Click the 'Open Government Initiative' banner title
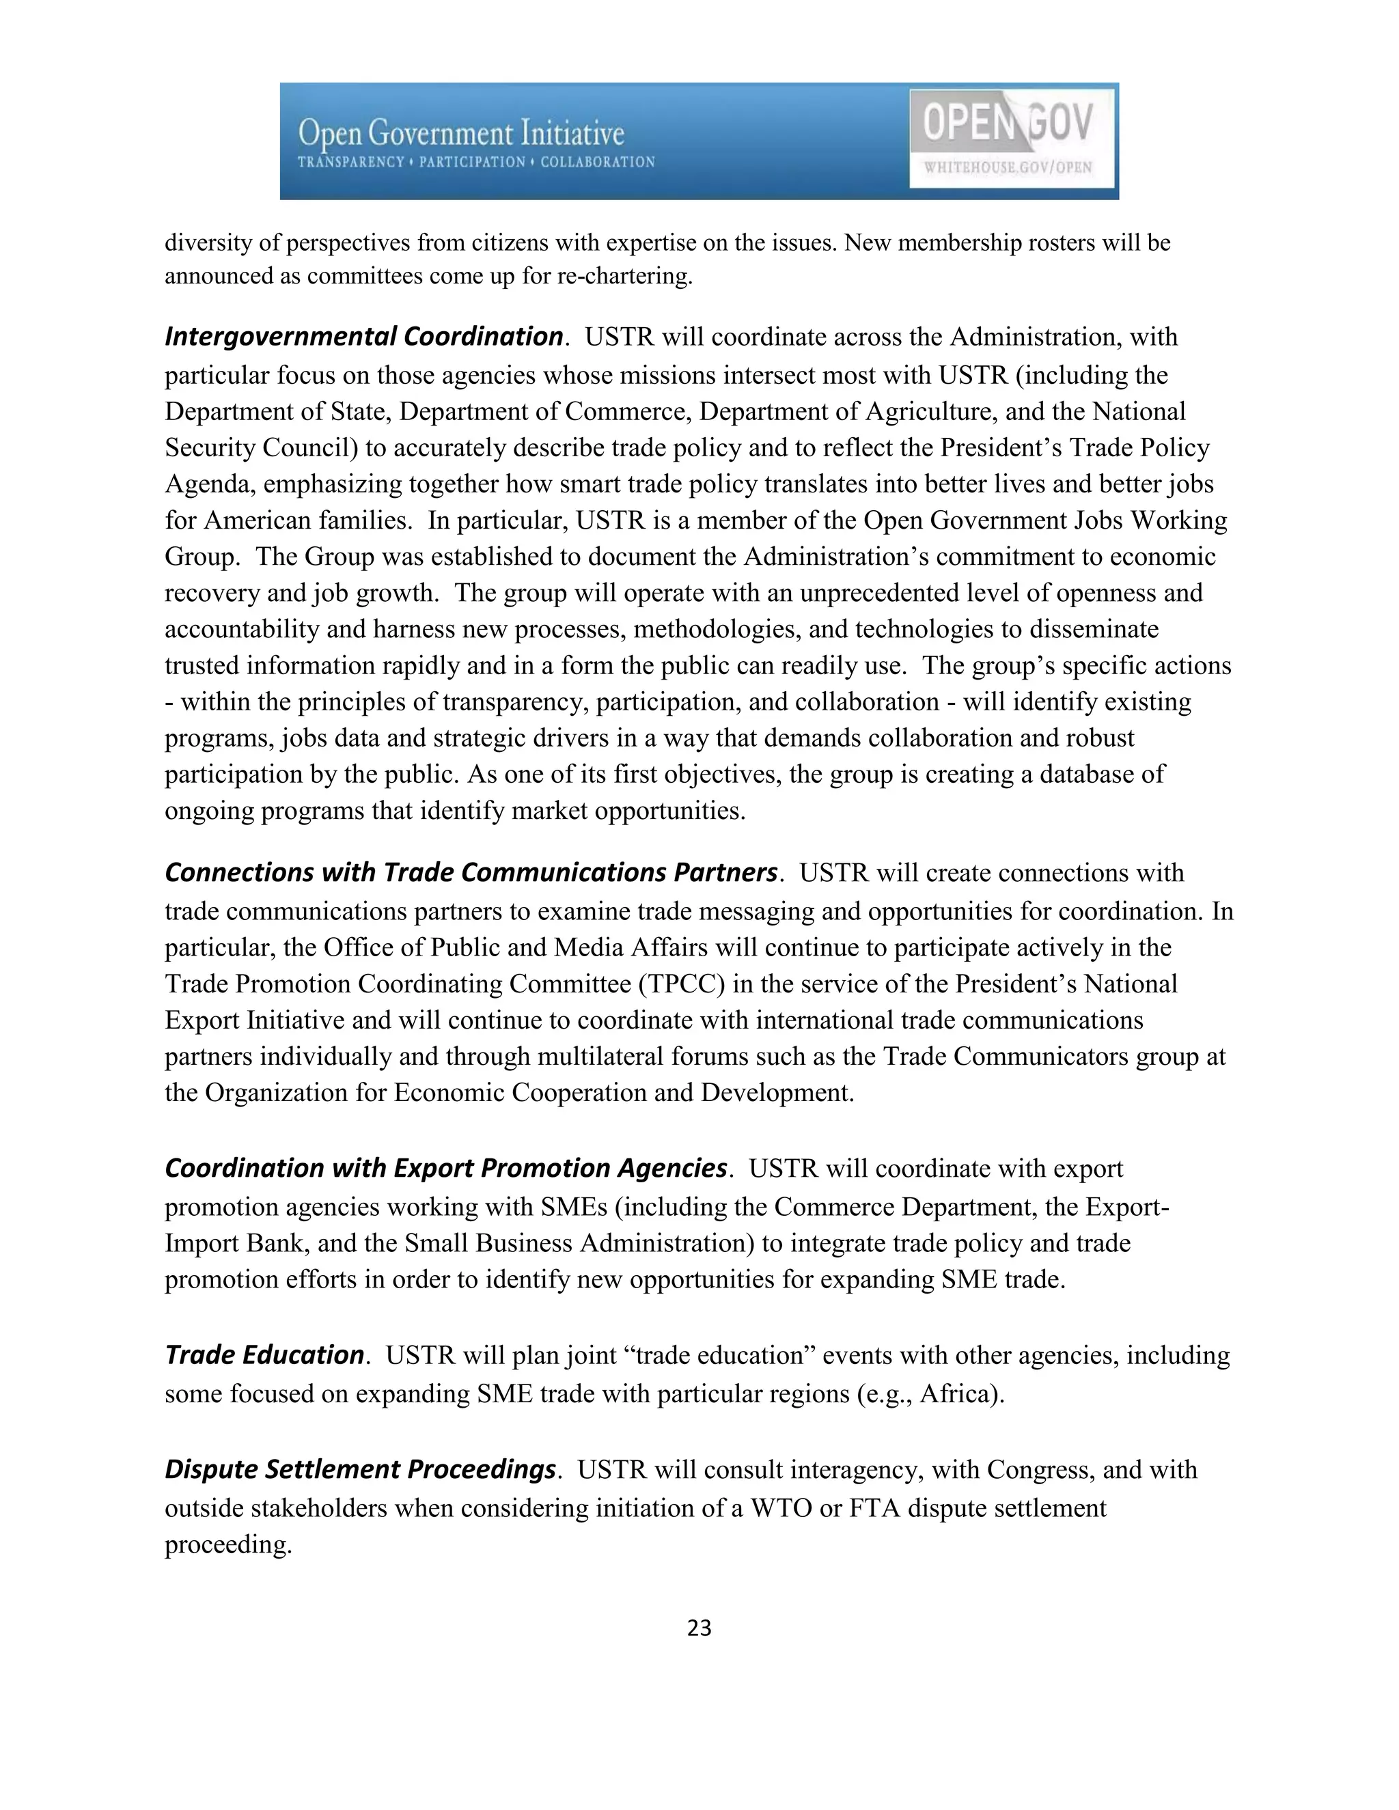point(461,133)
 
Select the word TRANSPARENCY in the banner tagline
point(350,162)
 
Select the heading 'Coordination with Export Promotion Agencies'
point(446,1168)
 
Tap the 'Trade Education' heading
point(264,1354)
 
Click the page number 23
point(699,1628)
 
